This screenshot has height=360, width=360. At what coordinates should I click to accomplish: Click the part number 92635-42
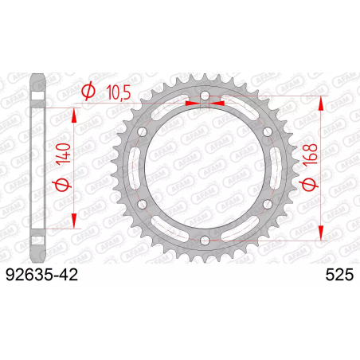pos(42,275)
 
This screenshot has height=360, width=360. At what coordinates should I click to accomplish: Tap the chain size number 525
pos(339,275)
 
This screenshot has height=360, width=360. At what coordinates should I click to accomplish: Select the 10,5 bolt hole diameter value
pos(119,93)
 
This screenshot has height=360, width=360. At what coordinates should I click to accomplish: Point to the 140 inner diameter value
pos(64,153)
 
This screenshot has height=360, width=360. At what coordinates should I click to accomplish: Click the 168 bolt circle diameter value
pos(310,155)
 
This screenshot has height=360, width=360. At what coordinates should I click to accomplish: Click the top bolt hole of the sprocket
pos(205,96)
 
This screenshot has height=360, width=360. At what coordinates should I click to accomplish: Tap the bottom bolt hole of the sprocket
pos(205,241)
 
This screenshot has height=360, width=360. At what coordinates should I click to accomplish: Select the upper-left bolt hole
pos(143,131)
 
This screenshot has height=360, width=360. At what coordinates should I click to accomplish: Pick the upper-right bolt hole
pos(268,131)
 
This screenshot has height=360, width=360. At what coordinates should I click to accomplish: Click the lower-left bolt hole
pos(143,204)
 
